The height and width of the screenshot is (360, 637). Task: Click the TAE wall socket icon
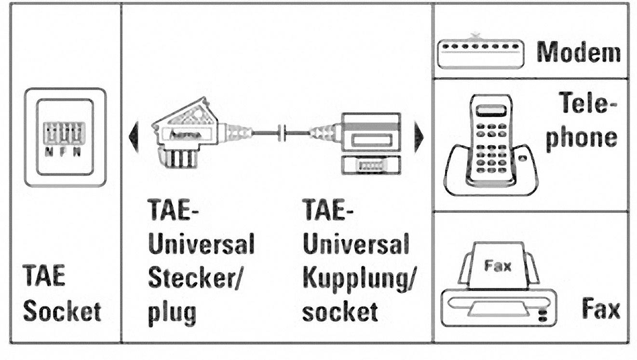pos(65,137)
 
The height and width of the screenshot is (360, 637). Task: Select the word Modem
pos(578,52)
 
